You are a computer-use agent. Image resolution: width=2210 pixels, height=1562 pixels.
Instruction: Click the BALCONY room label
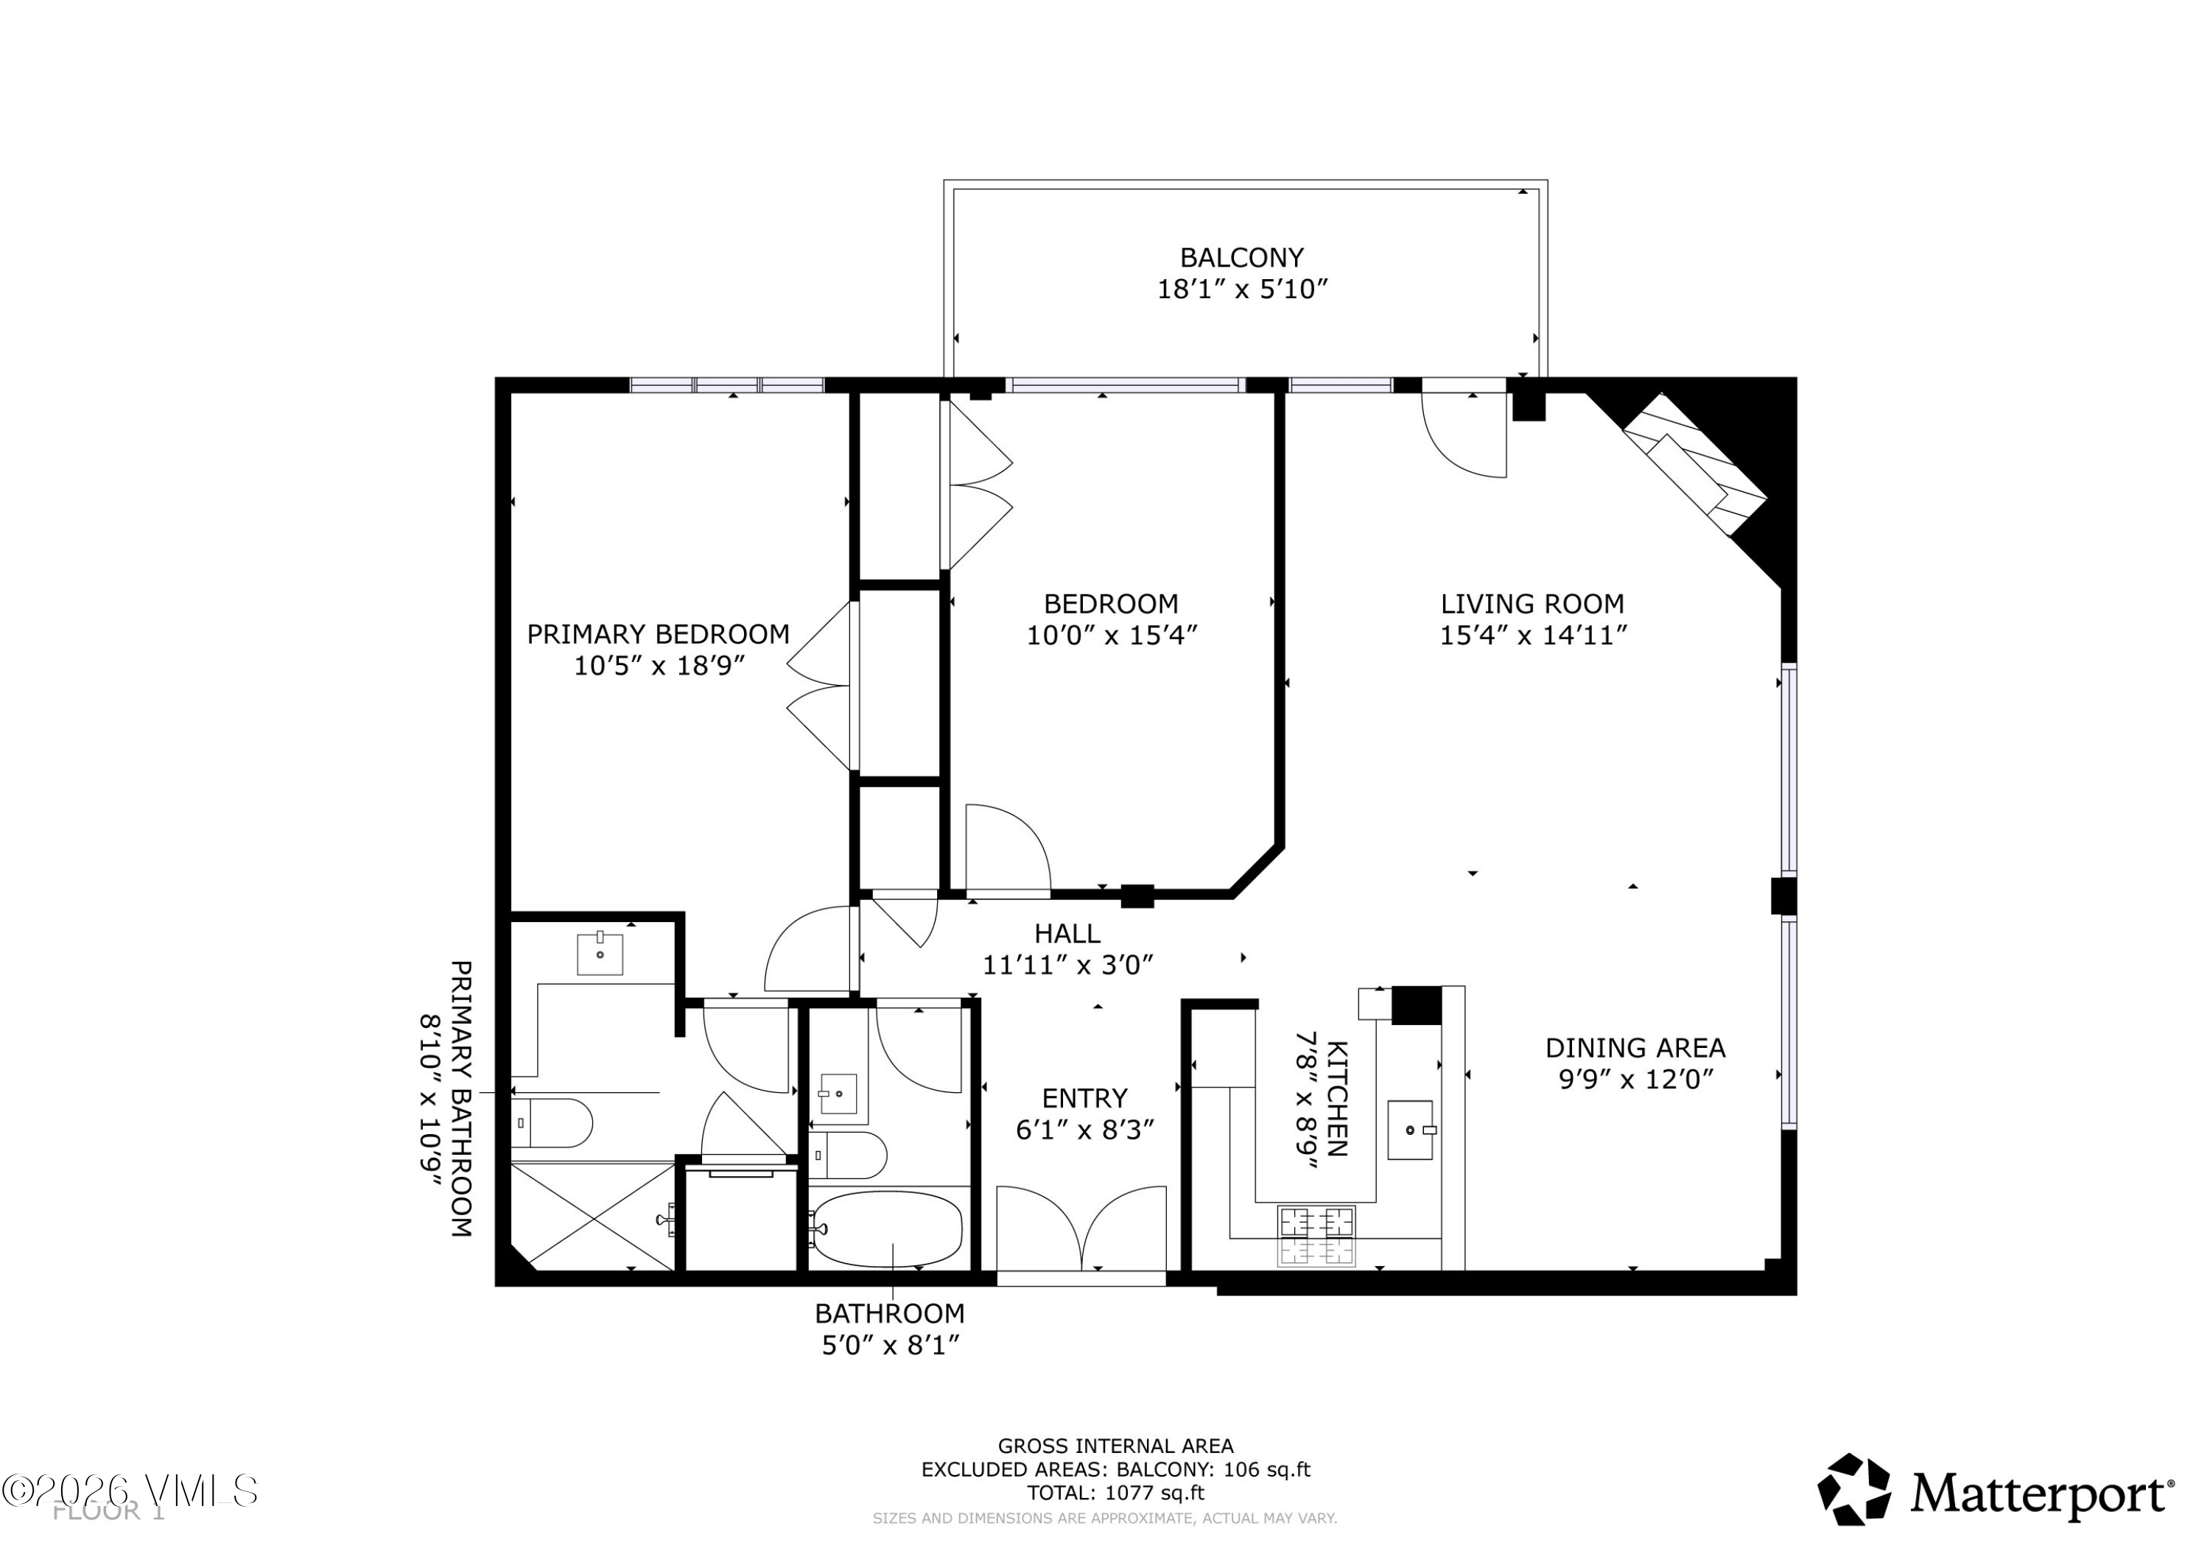pos(1242,258)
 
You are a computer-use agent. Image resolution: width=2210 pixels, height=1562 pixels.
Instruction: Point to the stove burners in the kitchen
pos(1316,1236)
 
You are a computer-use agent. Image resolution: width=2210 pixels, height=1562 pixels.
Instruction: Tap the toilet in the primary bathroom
pos(552,1122)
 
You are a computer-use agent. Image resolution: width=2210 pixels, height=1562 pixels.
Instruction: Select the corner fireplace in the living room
pos(1696,464)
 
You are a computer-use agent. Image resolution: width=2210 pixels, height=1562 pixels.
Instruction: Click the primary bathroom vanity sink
pos(600,954)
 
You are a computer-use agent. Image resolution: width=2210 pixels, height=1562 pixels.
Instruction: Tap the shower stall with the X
pos(593,1217)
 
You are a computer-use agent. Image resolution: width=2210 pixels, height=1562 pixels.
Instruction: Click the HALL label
pos(1067,934)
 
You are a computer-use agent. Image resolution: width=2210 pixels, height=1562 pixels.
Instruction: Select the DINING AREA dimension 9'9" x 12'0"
pos(1635,1079)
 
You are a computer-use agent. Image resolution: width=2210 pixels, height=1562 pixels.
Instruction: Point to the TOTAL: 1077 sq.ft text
pos(1115,1494)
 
